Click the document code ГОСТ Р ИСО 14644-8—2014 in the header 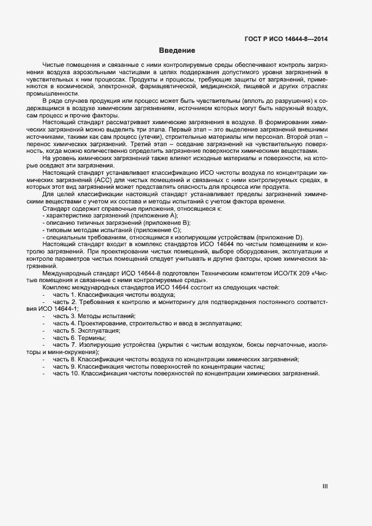[286, 39]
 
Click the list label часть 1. [64, 294]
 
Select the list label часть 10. [65, 374]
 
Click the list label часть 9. [64, 366]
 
